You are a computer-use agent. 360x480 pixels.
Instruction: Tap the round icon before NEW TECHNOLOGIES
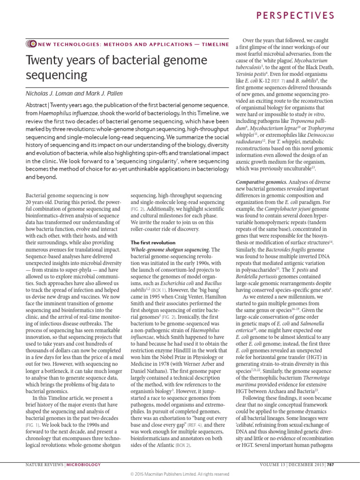32,44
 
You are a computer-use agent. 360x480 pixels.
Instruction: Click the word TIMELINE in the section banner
214,44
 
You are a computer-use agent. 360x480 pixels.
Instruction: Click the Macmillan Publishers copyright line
180,474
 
